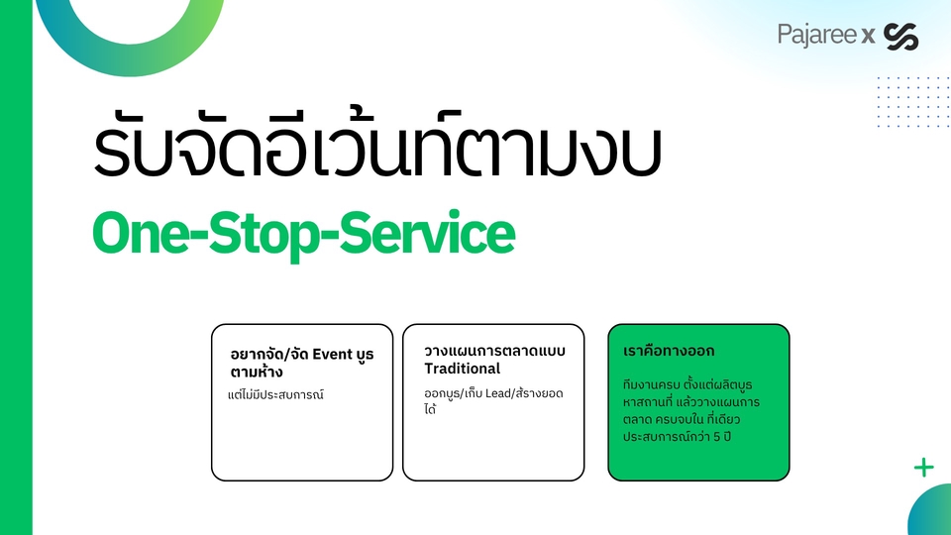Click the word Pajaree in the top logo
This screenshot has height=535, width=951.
tap(816, 36)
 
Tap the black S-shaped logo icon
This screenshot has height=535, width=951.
tap(901, 37)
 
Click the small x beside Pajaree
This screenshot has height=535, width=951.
tap(868, 37)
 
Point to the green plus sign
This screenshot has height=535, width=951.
tap(923, 468)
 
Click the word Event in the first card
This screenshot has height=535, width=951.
tap(333, 355)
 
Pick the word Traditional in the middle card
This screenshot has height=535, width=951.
tap(463, 369)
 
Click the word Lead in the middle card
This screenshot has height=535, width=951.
tap(498, 393)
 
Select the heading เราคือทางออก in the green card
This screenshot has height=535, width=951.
tap(669, 351)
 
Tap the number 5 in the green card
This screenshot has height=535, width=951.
tap(717, 436)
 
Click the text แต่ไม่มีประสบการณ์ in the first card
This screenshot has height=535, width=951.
tap(275, 395)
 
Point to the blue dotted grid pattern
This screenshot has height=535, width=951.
tap(913, 102)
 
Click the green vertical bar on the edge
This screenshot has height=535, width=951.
tap(16, 267)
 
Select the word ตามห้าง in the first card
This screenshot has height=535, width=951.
tap(257, 372)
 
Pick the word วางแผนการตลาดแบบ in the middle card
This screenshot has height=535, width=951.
tap(494, 351)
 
